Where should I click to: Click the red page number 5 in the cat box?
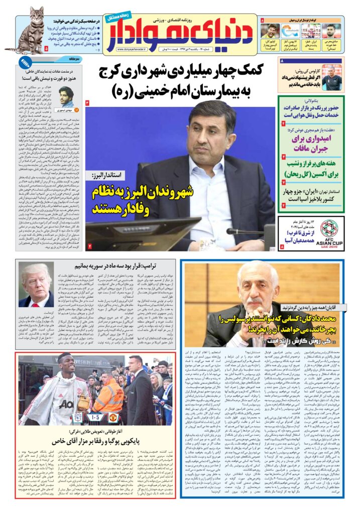point(47,49)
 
